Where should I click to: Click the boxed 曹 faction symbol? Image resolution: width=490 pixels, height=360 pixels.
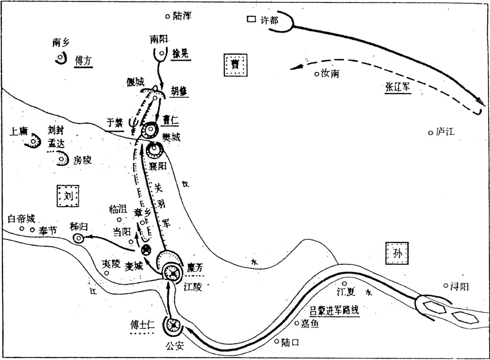pyautogui.click(x=235, y=65)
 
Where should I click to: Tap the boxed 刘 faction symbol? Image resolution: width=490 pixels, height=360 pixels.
pyautogui.click(x=68, y=196)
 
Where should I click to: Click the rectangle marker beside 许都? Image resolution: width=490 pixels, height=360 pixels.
pyautogui.click(x=251, y=20)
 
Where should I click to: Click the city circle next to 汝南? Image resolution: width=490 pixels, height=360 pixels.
pyautogui.click(x=317, y=74)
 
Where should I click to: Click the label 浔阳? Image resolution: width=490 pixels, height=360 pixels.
pyautogui.click(x=459, y=286)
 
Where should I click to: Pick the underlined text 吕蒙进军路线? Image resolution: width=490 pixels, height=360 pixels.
pyautogui.click(x=335, y=310)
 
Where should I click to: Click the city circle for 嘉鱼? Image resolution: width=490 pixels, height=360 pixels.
pyautogui.click(x=297, y=324)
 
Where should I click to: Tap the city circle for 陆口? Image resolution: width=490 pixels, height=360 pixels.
pyautogui.click(x=276, y=341)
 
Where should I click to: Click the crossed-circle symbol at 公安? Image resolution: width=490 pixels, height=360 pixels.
pyautogui.click(x=173, y=325)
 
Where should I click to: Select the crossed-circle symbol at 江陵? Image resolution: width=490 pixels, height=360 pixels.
pyautogui.click(x=172, y=272)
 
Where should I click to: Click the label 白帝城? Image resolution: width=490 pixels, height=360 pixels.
pyautogui.click(x=21, y=219)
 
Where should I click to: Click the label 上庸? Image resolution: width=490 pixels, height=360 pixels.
pyautogui.click(x=19, y=132)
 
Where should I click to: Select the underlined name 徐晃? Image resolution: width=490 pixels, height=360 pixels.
pyautogui.click(x=180, y=53)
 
